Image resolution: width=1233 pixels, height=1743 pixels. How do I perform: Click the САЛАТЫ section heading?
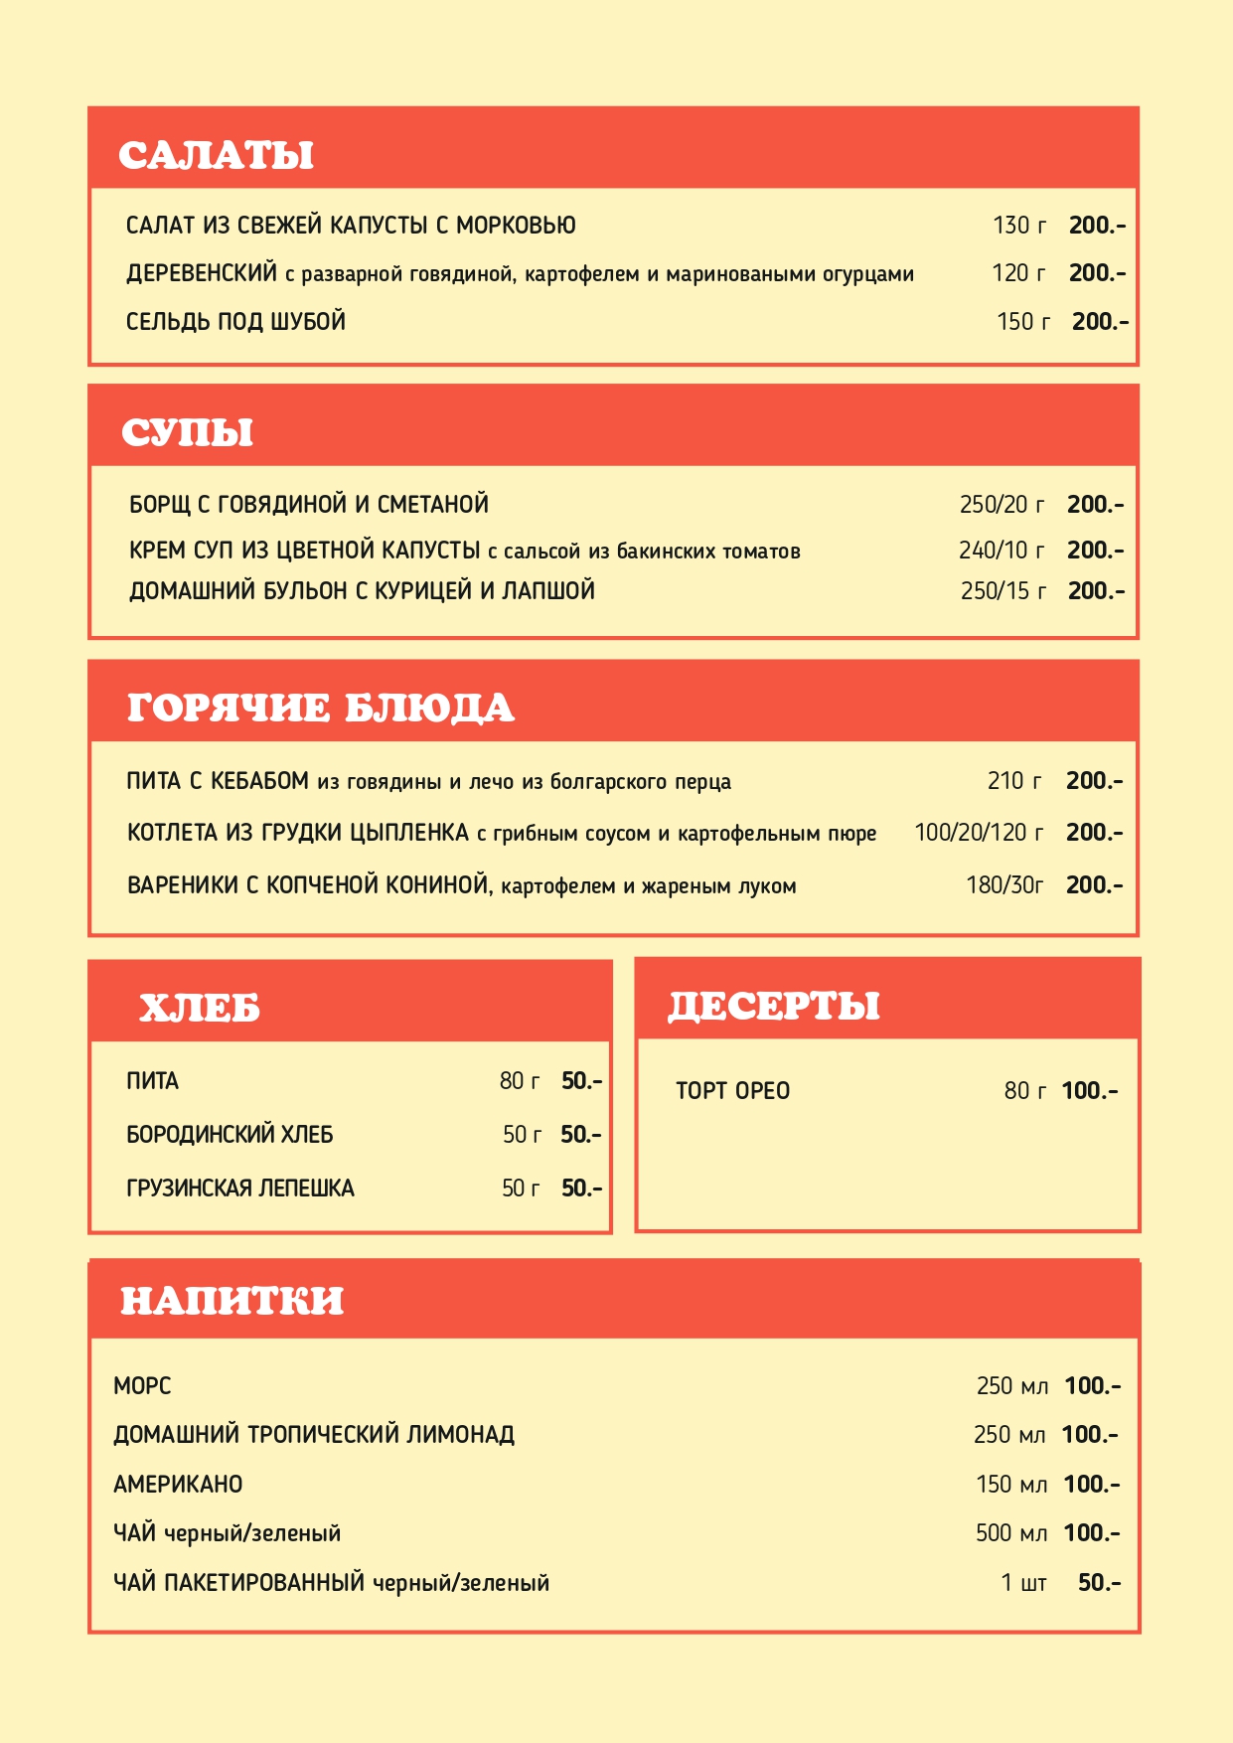pyautogui.click(x=216, y=155)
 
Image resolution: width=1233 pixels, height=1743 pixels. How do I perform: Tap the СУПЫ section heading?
pyautogui.click(x=187, y=432)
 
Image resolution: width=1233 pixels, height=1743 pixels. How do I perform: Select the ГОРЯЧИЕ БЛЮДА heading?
pyautogui.click(x=320, y=708)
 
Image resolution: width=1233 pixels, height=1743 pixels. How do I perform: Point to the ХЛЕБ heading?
pyautogui.click(x=199, y=1008)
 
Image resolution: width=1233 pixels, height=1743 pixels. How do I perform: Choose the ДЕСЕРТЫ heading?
pyautogui.click(x=773, y=1006)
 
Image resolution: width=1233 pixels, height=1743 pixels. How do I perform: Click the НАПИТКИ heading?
pyautogui.click(x=231, y=1300)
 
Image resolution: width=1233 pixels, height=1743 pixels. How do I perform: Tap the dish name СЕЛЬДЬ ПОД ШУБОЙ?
pyautogui.click(x=235, y=322)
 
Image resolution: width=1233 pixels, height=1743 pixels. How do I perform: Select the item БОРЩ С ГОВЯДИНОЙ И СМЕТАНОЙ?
pyautogui.click(x=309, y=505)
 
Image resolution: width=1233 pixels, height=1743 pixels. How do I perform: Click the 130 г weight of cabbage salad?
pyautogui.click(x=1019, y=226)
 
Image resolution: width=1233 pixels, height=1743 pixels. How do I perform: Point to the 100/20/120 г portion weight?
pyautogui.click(x=979, y=833)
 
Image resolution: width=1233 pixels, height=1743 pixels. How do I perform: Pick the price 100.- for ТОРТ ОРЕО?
pyautogui.click(x=1089, y=1091)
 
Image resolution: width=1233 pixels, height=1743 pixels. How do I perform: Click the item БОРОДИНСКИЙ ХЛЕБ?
pyautogui.click(x=230, y=1135)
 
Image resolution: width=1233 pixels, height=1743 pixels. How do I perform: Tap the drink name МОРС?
pyautogui.click(x=142, y=1386)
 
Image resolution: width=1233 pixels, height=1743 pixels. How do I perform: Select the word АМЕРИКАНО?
pyautogui.click(x=178, y=1485)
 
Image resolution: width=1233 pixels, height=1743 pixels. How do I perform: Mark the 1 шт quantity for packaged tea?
pyautogui.click(x=1023, y=1583)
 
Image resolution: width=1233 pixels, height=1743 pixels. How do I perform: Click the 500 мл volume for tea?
pyautogui.click(x=1010, y=1533)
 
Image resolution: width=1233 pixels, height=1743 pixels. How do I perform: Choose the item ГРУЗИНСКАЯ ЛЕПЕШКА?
pyautogui.click(x=240, y=1188)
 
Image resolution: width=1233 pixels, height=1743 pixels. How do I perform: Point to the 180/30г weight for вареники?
pyautogui.click(x=1004, y=885)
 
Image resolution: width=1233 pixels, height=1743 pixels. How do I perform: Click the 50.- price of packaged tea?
pyautogui.click(x=1099, y=1583)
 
